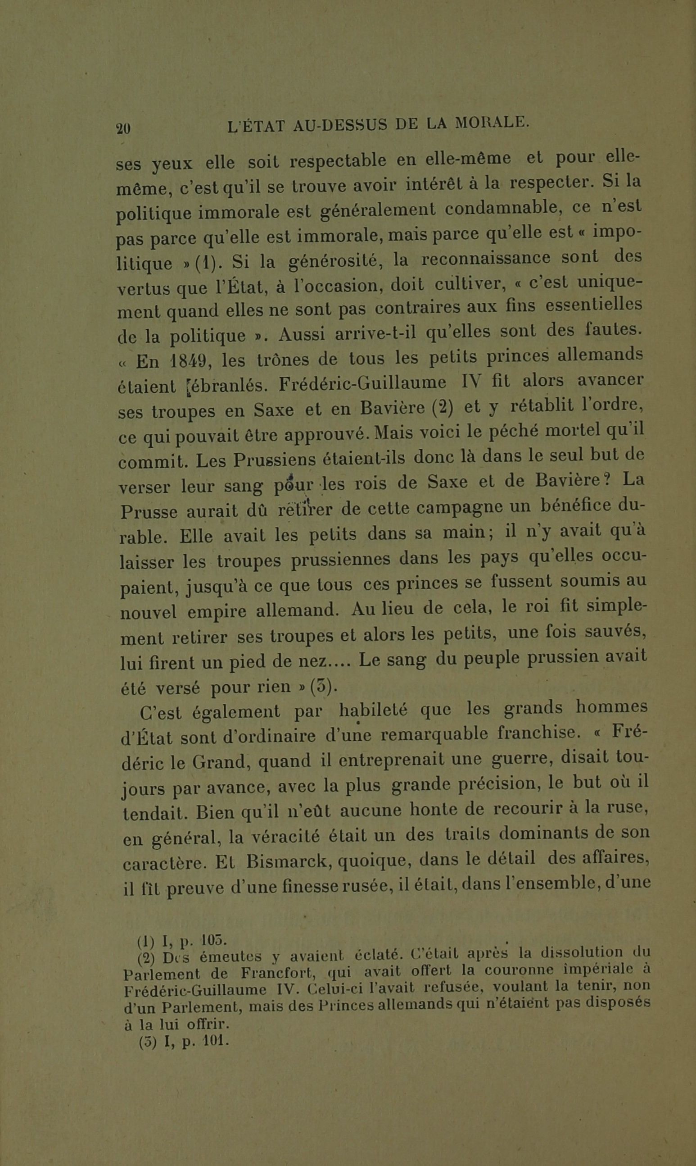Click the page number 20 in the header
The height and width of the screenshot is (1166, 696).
[123, 128]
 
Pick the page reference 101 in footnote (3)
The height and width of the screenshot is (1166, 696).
[214, 1041]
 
